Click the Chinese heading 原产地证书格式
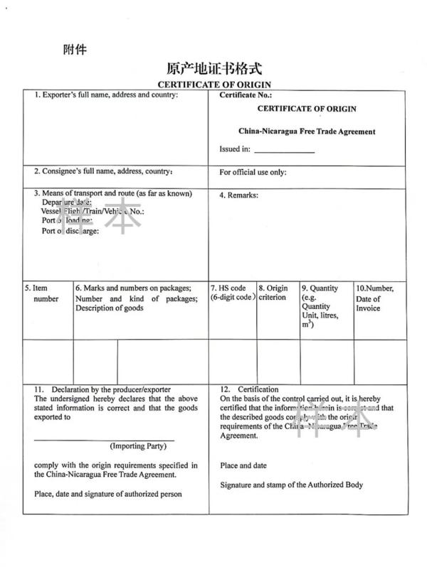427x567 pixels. [214, 68]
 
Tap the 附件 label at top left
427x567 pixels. [75, 50]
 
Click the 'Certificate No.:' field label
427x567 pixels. [246, 94]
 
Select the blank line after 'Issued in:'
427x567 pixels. [284, 150]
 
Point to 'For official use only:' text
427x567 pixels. [253, 172]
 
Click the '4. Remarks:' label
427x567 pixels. [238, 195]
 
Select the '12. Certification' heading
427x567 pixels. [249, 389]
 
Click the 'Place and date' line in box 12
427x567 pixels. [243, 466]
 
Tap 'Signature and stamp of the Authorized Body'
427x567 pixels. [291, 485]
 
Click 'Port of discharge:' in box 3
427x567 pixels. [70, 230]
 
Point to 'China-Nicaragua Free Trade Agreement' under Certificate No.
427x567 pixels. [307, 131]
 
